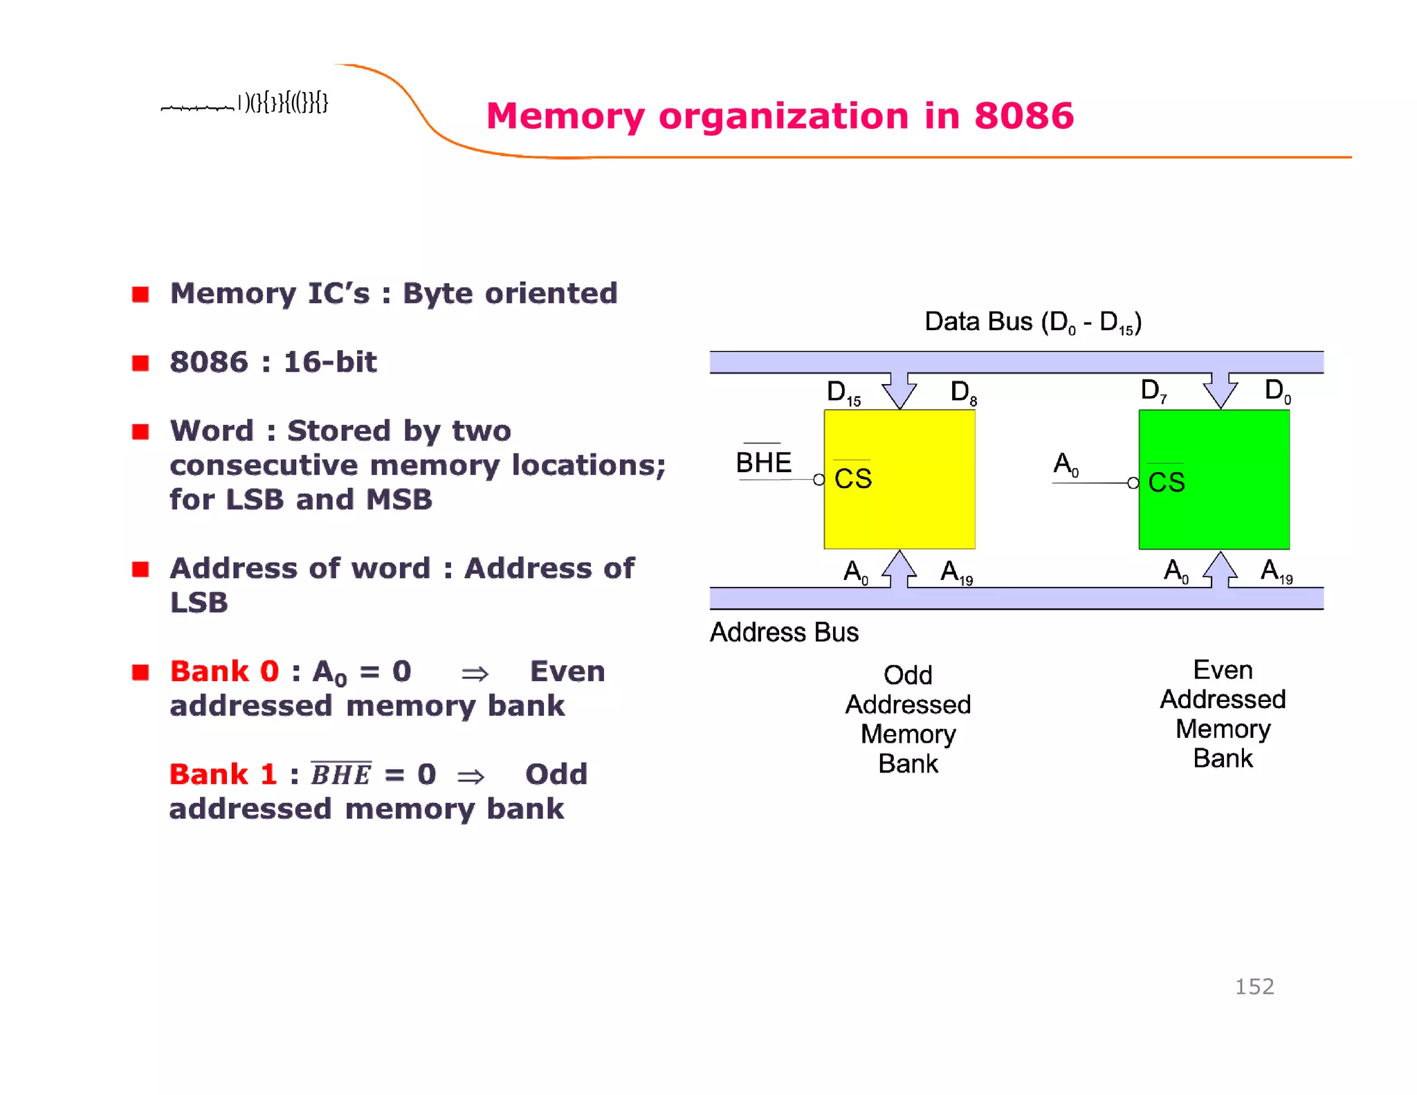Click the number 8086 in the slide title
1023,116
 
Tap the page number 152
1254,986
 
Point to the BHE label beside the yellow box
763,462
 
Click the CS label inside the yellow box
852,478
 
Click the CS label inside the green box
1167,482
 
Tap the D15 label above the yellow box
843,392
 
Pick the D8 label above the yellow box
963,392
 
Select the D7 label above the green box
1153,391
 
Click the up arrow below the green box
1220,570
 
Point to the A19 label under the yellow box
956,572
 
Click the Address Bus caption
784,632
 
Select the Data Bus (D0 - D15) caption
1032,322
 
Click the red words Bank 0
224,671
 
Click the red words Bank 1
223,774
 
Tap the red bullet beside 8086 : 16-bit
140,363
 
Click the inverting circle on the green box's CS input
1133,483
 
